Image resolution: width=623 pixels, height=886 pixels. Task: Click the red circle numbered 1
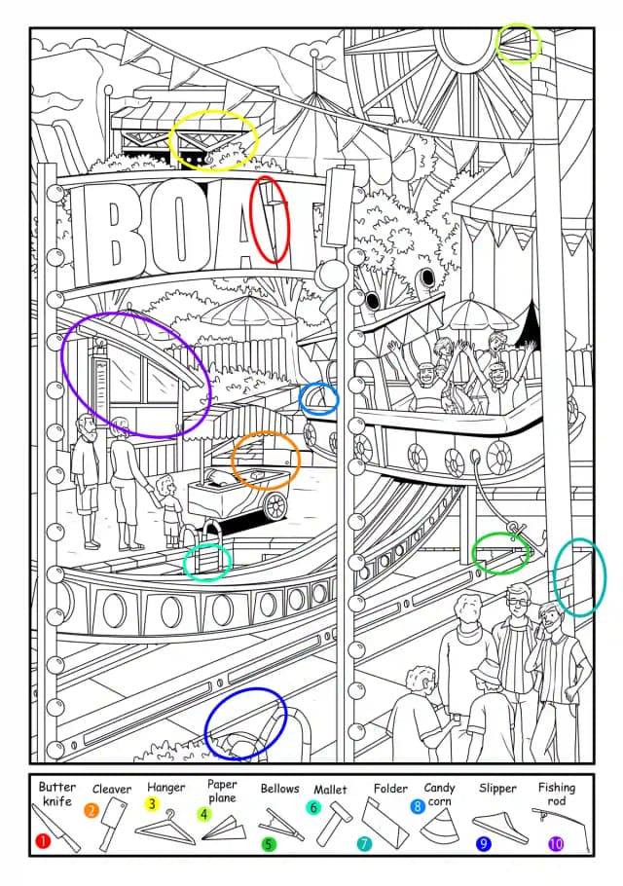pos(43,841)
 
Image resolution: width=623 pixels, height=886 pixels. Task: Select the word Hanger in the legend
pos(166,787)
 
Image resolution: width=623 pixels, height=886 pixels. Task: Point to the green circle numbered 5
pos(269,844)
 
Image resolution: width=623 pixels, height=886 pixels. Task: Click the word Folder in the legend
pos(391,788)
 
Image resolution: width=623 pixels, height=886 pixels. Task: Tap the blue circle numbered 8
pos(418,806)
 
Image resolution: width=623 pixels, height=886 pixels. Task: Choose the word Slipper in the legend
pos(497,788)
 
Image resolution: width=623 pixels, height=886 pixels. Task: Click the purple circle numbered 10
pos(556,844)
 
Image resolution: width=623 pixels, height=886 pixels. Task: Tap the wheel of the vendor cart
pos(275,505)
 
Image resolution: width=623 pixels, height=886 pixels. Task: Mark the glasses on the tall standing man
pos(519,602)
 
